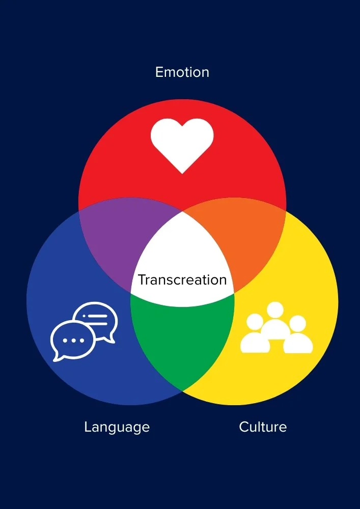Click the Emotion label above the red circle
182,72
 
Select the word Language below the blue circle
117,427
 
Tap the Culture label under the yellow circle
263,427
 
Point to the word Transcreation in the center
182,280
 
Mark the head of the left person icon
254,322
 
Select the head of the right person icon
297,323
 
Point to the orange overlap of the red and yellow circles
242,239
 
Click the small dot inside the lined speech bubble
90,316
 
